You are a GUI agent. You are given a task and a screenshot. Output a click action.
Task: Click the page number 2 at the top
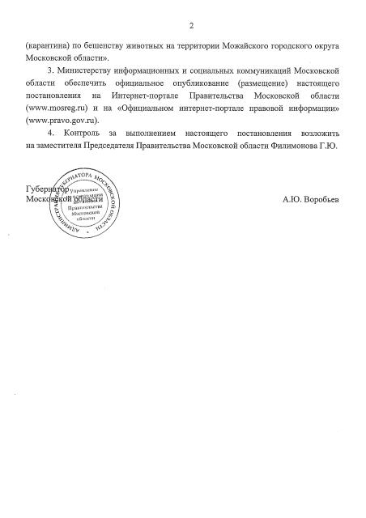(183, 24)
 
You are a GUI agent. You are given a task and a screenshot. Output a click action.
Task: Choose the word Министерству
(83, 72)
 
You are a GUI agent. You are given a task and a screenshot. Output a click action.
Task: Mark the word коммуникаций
(249, 72)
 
